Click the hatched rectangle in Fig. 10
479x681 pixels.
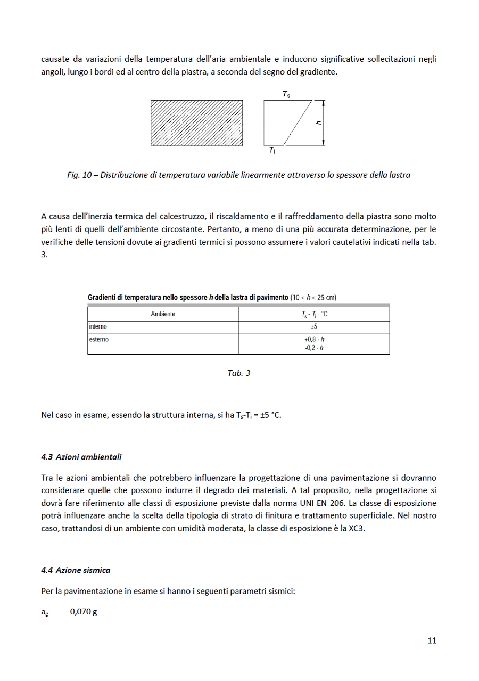196,123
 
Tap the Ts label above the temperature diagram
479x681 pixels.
286,94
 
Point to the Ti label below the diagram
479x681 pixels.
272,151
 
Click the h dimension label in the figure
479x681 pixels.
318,122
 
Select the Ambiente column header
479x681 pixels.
163,314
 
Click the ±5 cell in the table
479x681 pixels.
314,326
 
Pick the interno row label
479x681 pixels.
98,326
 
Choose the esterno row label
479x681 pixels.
99,339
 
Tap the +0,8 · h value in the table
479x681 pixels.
314,339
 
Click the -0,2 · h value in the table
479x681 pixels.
314,348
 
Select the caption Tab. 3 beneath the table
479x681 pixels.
238,373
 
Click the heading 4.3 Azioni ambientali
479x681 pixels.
81,457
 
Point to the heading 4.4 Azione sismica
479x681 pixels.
76,570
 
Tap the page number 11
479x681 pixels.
432,641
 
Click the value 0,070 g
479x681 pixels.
84,612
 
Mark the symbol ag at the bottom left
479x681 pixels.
45,612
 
